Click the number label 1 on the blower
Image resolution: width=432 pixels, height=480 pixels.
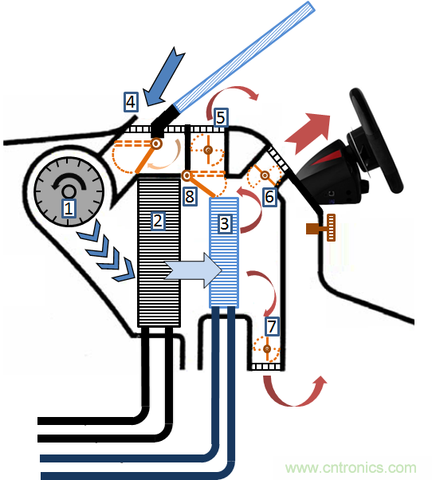pos(69,209)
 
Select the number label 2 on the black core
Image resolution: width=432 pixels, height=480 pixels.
pos(158,221)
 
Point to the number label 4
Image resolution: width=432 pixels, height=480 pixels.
pos(132,101)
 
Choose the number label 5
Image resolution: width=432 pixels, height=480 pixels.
pos(221,118)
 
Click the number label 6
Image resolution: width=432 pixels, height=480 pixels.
pos(269,195)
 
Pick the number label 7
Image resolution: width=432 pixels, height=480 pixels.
pos(272,325)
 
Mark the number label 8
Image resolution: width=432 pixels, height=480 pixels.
pos(189,196)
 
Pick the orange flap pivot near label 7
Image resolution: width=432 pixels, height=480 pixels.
pos(266,348)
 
